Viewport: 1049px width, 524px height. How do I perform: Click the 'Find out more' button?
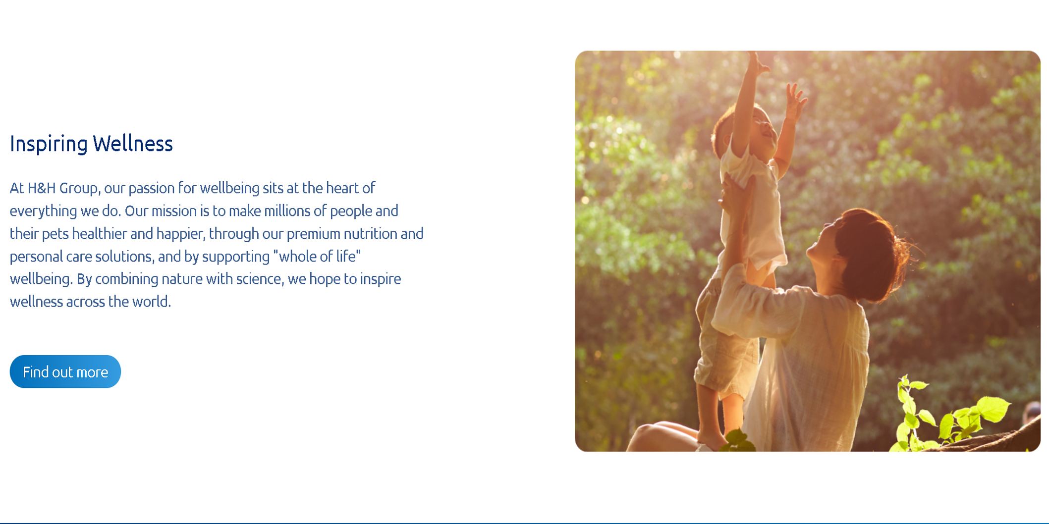tap(65, 371)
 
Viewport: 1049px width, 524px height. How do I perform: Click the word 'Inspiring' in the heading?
tap(49, 144)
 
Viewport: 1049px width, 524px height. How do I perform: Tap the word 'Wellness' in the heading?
tap(133, 144)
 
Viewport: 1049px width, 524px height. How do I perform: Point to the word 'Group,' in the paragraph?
tap(80, 189)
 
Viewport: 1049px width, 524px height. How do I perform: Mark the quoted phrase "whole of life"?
tap(317, 256)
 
